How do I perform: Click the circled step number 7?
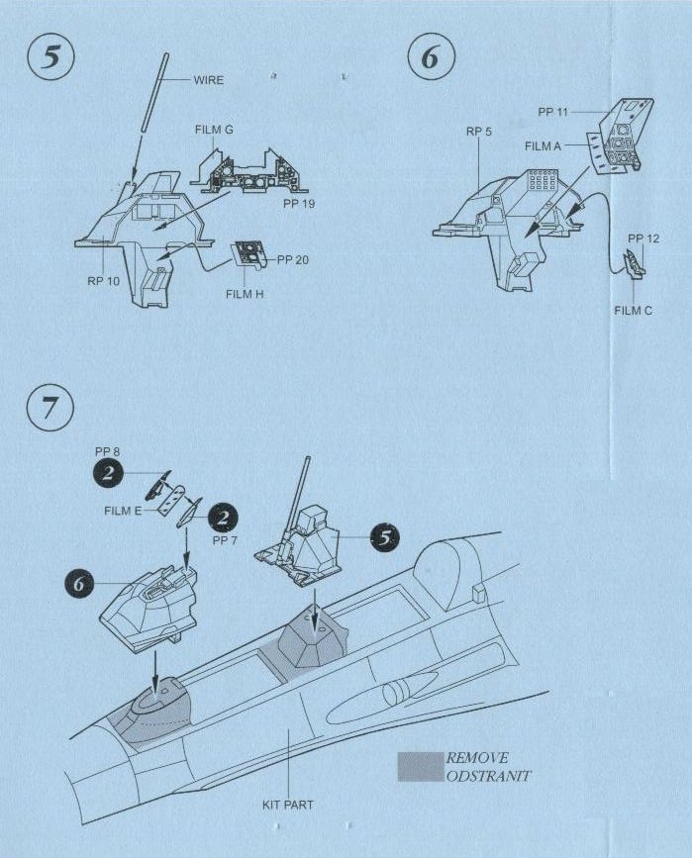[48, 410]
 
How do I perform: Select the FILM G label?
[214, 130]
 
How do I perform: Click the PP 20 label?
[294, 259]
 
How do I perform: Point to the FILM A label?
[544, 145]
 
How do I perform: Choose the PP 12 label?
[643, 238]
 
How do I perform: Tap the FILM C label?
[634, 310]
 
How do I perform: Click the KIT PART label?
[287, 805]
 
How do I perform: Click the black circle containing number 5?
[383, 538]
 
